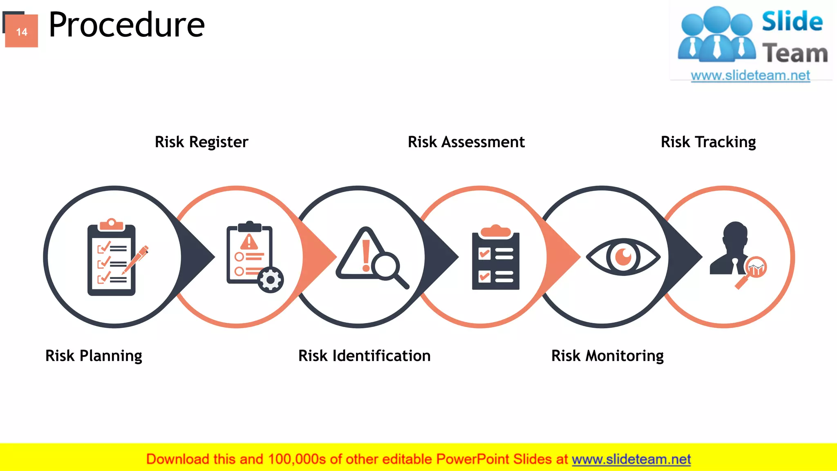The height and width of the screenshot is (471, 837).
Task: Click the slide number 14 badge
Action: pos(22,31)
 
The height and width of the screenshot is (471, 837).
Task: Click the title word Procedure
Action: pos(126,25)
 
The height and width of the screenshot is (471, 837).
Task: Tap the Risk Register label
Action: pos(201,142)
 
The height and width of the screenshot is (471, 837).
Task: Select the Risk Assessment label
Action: pos(466,142)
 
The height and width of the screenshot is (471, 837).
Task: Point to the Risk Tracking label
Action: pos(708,142)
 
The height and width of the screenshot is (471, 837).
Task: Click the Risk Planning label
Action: pos(94,356)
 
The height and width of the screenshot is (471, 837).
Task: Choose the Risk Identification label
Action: pos(364,356)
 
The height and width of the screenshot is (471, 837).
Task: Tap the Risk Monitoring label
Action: pos(607,356)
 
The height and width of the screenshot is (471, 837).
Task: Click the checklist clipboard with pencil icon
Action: pos(112,258)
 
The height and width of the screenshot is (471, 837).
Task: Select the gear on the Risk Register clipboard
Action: pos(270,280)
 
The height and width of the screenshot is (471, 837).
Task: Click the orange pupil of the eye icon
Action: pos(623,257)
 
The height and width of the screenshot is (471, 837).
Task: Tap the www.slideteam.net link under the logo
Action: pos(750,76)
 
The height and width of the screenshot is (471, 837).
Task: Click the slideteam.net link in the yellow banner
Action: pos(631,460)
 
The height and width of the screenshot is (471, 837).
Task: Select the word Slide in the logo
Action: pos(792,21)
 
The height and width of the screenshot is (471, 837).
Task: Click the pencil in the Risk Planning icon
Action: pos(137,259)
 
